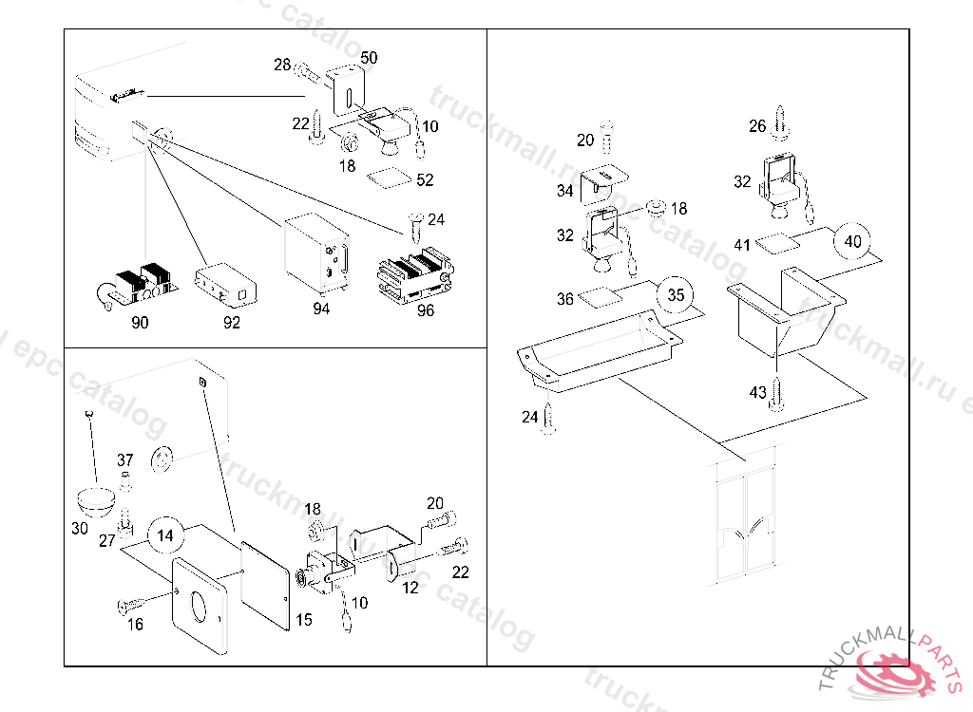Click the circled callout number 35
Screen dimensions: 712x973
pyautogui.click(x=676, y=294)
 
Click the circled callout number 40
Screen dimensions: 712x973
pyautogui.click(x=852, y=241)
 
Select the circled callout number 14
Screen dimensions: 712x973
pyautogui.click(x=165, y=535)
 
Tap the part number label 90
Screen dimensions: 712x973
pyautogui.click(x=140, y=323)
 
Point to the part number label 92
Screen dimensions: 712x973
pyautogui.click(x=232, y=323)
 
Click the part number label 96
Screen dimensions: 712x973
pyautogui.click(x=425, y=309)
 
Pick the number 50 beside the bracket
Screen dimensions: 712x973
pyautogui.click(x=369, y=58)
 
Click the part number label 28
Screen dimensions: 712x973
pyautogui.click(x=282, y=65)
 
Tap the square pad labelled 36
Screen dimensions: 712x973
pyautogui.click(x=599, y=297)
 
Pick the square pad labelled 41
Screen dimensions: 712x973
pyautogui.click(x=776, y=243)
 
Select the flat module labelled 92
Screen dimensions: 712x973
pyautogui.click(x=226, y=284)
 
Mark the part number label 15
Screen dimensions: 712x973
pyautogui.click(x=303, y=619)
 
